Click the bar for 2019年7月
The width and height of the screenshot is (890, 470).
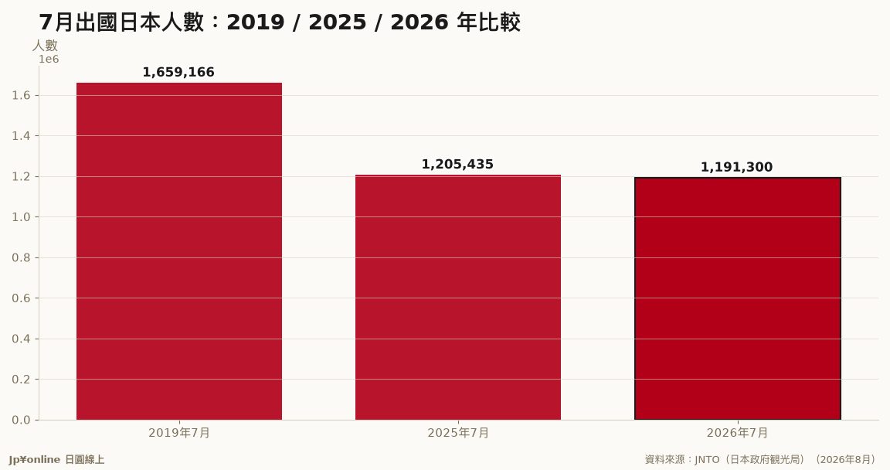click(x=179, y=251)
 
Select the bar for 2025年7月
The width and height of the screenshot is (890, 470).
click(x=458, y=298)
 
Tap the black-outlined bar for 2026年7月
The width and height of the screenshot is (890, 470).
click(x=737, y=298)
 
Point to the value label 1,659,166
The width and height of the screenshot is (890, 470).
click(x=178, y=72)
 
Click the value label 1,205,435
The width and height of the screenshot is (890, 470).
click(x=457, y=165)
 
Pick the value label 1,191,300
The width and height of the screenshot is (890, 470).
click(x=737, y=168)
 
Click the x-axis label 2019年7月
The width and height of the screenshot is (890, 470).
click(x=179, y=433)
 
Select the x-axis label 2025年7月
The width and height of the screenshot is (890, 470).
click(x=458, y=433)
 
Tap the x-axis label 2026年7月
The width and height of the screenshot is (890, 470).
click(x=737, y=433)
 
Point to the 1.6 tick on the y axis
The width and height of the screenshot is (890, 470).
click(x=21, y=95)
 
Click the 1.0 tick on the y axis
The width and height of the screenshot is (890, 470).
click(x=21, y=217)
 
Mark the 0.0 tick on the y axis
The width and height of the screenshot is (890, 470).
click(x=21, y=420)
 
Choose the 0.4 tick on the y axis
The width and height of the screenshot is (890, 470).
click(x=21, y=339)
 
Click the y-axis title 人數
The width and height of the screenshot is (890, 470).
click(x=45, y=46)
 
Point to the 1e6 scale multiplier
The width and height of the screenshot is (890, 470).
click(x=49, y=59)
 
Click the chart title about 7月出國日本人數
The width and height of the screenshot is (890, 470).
click(x=280, y=22)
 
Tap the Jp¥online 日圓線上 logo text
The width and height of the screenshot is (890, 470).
click(x=56, y=460)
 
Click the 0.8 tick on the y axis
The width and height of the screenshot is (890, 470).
click(x=21, y=257)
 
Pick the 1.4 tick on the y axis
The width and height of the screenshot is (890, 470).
click(x=21, y=136)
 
